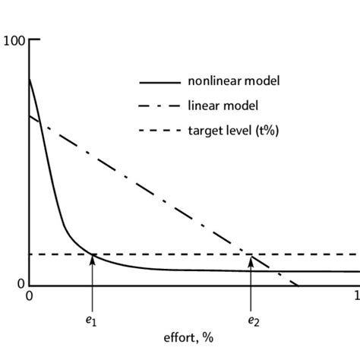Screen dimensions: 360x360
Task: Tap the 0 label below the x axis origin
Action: pos(30,296)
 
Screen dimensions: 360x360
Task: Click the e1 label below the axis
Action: pos(91,321)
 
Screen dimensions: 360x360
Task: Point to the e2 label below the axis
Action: pos(252,321)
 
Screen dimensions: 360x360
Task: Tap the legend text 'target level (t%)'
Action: pos(233,131)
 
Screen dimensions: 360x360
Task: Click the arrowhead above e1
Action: pos(92,259)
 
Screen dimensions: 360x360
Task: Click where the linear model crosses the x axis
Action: pos(298,286)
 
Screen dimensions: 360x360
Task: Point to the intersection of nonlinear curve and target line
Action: pos(92,254)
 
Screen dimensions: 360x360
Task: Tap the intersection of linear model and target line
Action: pos(251,254)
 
